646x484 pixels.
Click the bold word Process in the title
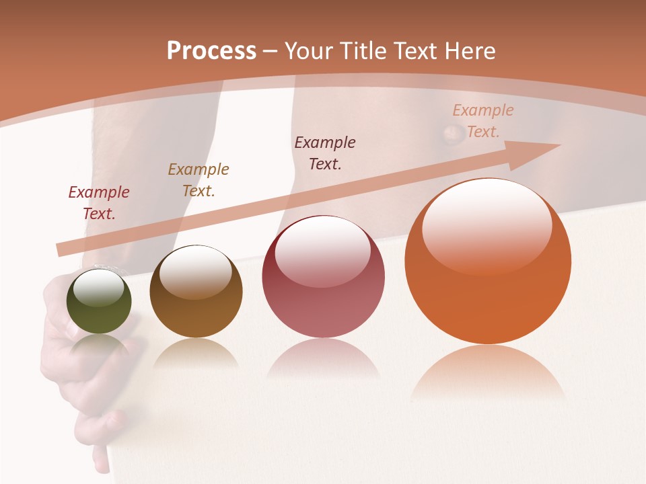pyautogui.click(x=211, y=51)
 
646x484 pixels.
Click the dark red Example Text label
pyautogui.click(x=99, y=203)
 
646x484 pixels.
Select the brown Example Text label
pyautogui.click(x=199, y=180)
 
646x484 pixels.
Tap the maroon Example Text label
pyautogui.click(x=325, y=153)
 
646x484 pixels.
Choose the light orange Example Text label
pyautogui.click(x=482, y=121)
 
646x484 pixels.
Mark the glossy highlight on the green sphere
pyautogui.click(x=99, y=287)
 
